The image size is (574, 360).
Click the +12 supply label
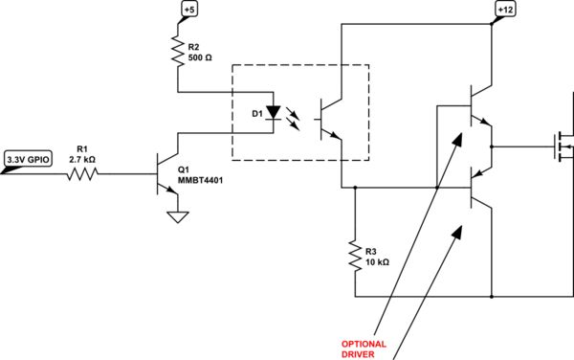pos(503,11)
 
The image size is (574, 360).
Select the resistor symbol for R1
pos(82,174)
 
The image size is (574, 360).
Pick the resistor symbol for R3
pos(355,254)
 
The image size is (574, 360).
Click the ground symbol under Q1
pos(176,216)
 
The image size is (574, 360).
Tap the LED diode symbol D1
pos(274,112)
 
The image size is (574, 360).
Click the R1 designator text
pos(81,148)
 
